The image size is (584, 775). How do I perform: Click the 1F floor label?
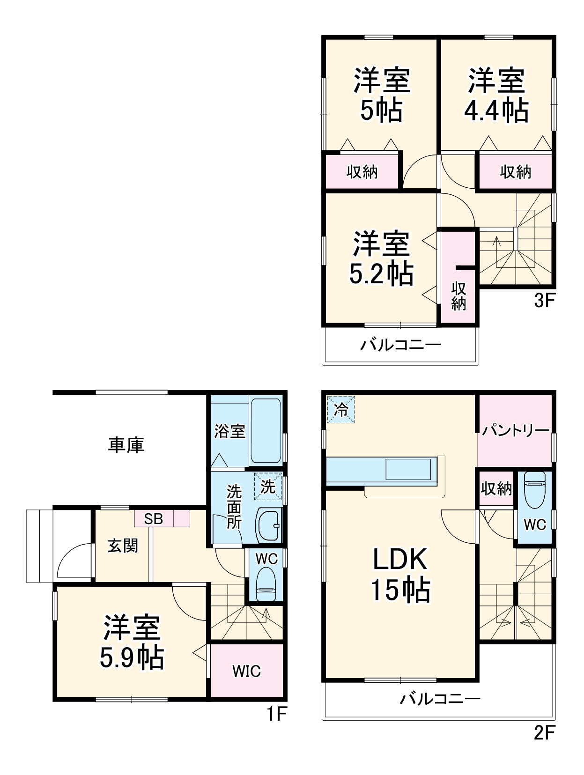click(276, 714)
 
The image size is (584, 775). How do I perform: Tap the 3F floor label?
click(544, 300)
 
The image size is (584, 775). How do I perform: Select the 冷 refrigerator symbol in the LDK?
click(341, 410)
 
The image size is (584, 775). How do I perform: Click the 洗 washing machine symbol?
click(268, 486)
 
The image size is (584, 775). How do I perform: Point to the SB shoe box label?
click(153, 519)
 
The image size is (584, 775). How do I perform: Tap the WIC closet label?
click(246, 671)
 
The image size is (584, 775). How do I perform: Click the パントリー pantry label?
click(515, 430)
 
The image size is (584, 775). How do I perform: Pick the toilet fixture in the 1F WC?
click(266, 584)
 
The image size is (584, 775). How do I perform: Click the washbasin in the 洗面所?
click(269, 525)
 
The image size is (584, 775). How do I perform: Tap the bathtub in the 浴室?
click(266, 430)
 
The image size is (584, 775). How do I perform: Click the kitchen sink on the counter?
click(408, 469)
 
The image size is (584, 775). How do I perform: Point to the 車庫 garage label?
click(126, 444)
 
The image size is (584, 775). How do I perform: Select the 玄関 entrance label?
click(123, 546)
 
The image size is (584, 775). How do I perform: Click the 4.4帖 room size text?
click(496, 111)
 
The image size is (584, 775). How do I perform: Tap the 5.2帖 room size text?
click(381, 274)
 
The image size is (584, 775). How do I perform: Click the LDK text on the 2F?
click(399, 559)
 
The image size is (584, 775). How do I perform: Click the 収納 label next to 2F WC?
click(496, 488)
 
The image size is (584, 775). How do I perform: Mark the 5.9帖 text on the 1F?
click(132, 657)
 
